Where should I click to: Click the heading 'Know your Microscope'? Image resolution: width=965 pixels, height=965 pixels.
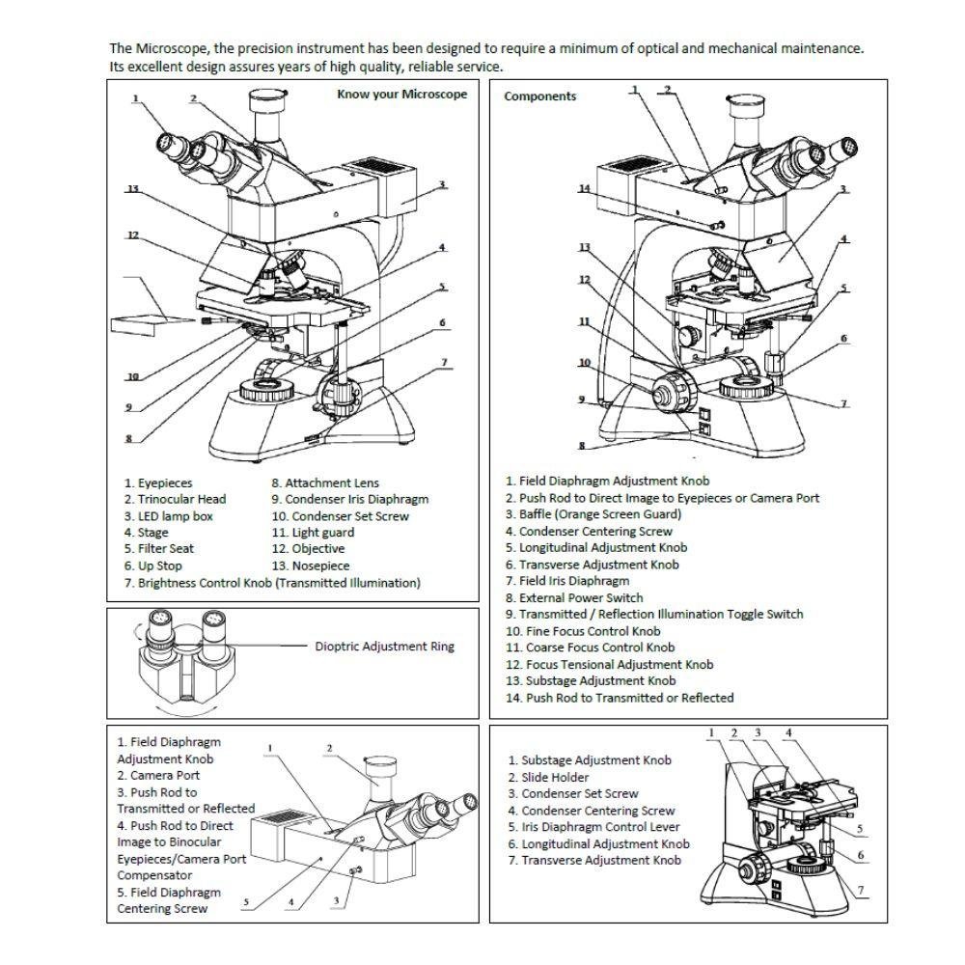coord(401,94)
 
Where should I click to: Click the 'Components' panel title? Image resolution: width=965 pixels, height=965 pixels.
coord(539,96)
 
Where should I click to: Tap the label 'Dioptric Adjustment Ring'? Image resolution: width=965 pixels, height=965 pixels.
coord(384,647)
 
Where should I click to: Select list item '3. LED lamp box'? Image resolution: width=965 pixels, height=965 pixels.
coord(168,516)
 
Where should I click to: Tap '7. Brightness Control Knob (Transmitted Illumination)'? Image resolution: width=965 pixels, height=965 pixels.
coord(272,583)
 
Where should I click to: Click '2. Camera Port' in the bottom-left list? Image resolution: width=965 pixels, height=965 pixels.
coord(158,775)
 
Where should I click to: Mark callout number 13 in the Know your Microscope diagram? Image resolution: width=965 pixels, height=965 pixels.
coord(133,189)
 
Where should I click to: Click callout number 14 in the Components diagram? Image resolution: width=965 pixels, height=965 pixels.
coord(584,189)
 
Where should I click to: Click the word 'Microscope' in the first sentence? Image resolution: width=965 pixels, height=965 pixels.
coord(164,48)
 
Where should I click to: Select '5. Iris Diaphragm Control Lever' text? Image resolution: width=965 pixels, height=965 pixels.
coord(593,827)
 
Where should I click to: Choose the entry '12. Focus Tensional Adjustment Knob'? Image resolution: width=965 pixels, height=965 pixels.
coord(609,664)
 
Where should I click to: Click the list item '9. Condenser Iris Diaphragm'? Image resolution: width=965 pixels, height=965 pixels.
coord(349,499)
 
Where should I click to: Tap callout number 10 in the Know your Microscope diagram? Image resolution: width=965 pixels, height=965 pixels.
coord(132,376)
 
